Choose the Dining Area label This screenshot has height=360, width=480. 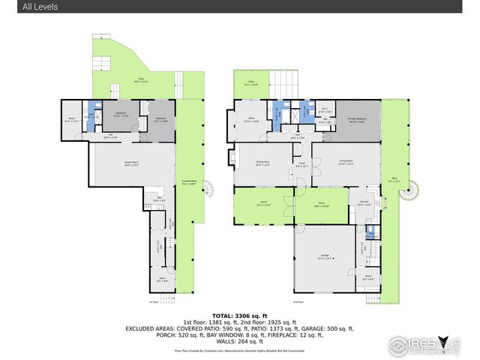[x=262, y=163]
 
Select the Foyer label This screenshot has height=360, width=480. [x=301, y=163]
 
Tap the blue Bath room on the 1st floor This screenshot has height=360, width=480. [x=91, y=116]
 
